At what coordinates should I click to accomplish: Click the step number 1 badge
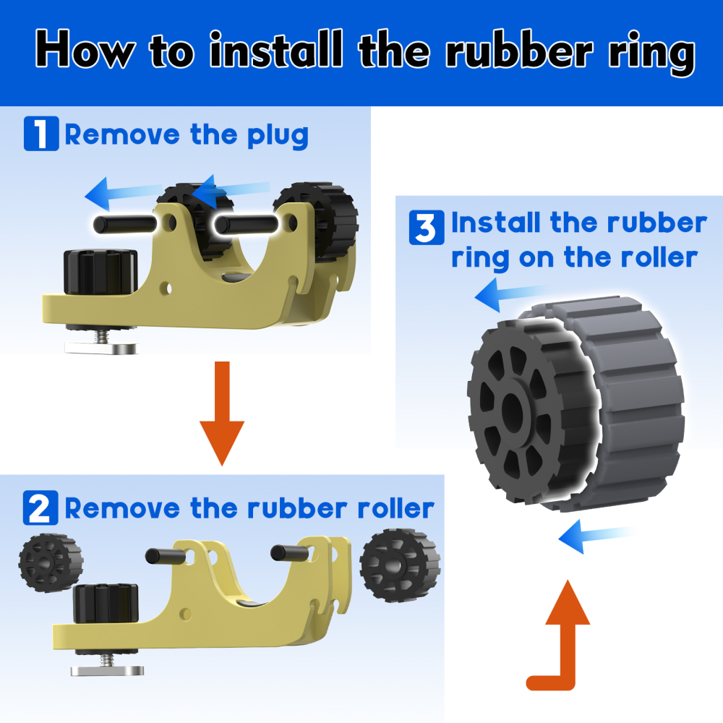pyautogui.click(x=41, y=134)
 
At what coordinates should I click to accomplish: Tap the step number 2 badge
pyautogui.click(x=40, y=508)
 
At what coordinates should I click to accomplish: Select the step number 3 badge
pyautogui.click(x=427, y=227)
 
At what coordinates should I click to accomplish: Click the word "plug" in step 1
pyautogui.click(x=278, y=136)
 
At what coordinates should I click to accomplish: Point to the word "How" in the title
pyautogui.click(x=85, y=49)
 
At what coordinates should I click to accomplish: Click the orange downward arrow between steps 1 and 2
pyautogui.click(x=222, y=413)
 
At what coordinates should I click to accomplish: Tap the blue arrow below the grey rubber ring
pyautogui.click(x=595, y=536)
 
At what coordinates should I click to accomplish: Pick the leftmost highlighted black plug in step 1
pyautogui.click(x=125, y=224)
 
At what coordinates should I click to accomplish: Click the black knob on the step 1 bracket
pyautogui.click(x=100, y=272)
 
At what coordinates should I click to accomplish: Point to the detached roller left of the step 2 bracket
pyautogui.click(x=51, y=562)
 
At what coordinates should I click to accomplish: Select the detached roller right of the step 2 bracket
pyautogui.click(x=400, y=565)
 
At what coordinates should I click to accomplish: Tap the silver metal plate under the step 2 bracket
pyautogui.click(x=107, y=670)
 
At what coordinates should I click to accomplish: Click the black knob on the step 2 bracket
pyautogui.click(x=106, y=604)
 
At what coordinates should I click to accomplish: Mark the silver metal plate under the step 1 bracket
pyautogui.click(x=101, y=348)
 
